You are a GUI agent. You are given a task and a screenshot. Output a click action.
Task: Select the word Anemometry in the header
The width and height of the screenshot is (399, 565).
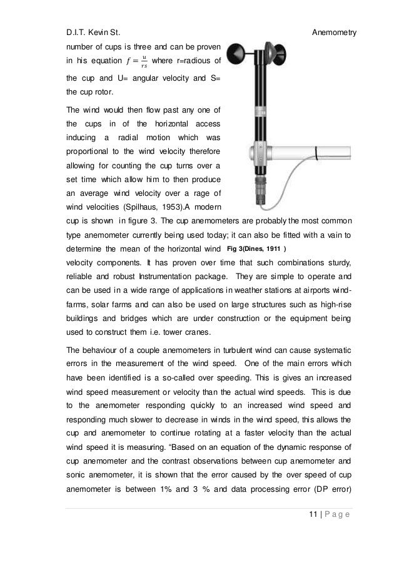click(x=333, y=31)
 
